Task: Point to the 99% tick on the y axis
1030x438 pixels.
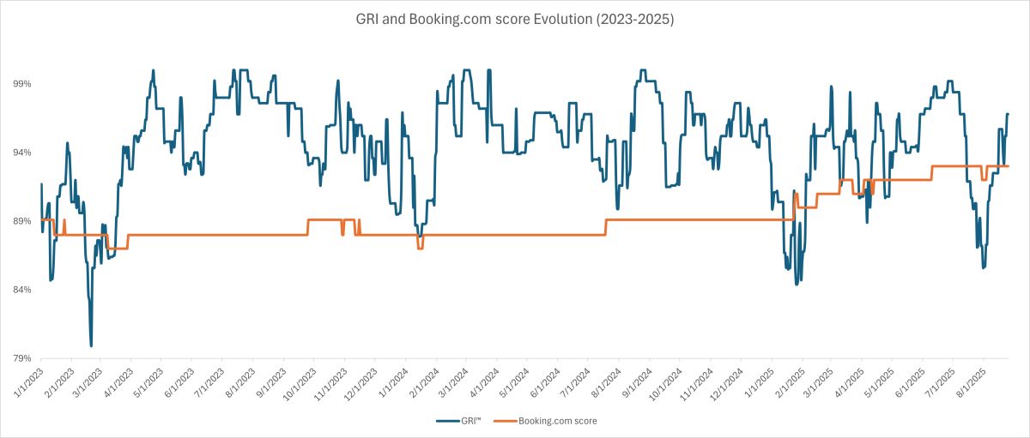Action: pyautogui.click(x=21, y=84)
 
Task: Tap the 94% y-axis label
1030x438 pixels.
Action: pyautogui.click(x=21, y=153)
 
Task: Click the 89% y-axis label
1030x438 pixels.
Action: pyautogui.click(x=21, y=221)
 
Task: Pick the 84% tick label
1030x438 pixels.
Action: pyautogui.click(x=21, y=290)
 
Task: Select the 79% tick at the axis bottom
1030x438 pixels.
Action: pyautogui.click(x=21, y=358)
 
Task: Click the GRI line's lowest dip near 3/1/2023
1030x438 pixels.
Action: pyautogui.click(x=91, y=345)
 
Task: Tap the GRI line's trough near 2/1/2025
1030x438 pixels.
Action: pyautogui.click(x=797, y=283)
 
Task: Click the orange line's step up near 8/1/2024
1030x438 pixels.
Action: pyautogui.click(x=606, y=226)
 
